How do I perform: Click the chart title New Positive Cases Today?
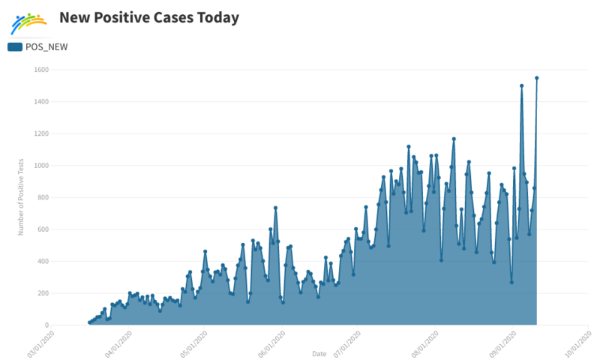pos(149,16)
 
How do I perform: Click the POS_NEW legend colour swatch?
pos(15,46)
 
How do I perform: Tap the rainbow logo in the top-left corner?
pos(28,23)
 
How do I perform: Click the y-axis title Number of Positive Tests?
pos(21,196)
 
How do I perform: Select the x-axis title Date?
pos(319,352)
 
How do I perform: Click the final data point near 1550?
pos(537,78)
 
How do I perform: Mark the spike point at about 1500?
pos(521,85)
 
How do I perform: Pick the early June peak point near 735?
pos(275,208)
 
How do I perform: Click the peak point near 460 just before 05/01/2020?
pos(205,251)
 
